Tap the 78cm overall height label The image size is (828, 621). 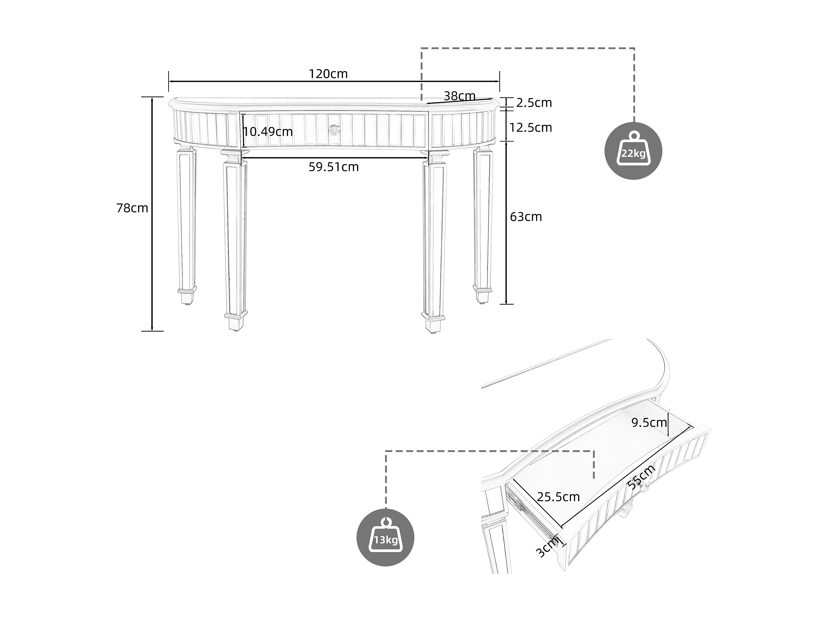coord(132,208)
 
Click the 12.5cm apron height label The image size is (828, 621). coord(530,128)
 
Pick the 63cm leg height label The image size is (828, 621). coord(526,217)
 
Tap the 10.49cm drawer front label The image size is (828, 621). coord(268,132)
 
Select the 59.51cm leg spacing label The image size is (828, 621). coord(333,167)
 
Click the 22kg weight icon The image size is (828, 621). coord(633,151)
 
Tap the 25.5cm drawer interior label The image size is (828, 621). coord(558,497)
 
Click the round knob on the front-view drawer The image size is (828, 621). coord(335,130)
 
